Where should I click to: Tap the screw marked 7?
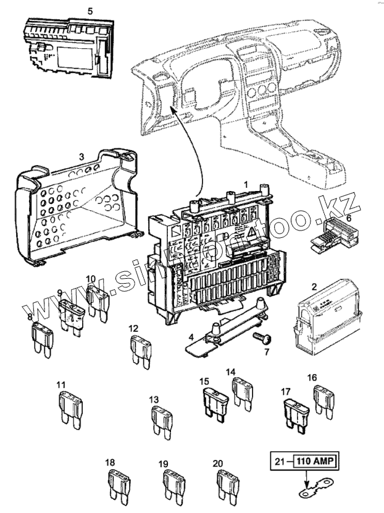pyautogui.click(x=262, y=337)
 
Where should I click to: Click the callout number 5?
pyautogui.click(x=90, y=11)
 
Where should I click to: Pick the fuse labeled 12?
pyautogui.click(x=140, y=352)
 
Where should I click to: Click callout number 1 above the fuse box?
pyautogui.click(x=245, y=184)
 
